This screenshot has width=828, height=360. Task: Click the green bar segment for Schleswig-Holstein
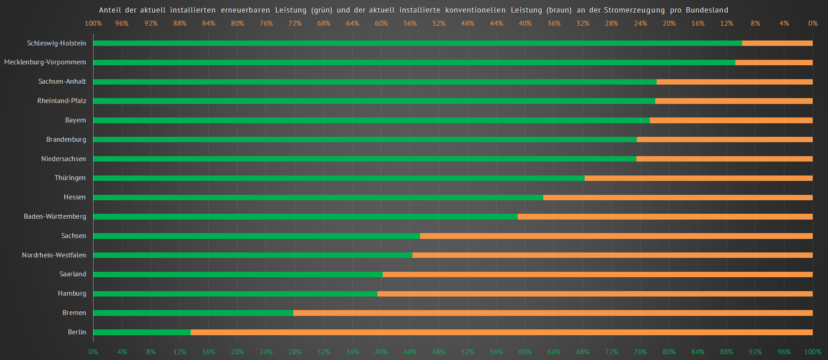(x=417, y=43)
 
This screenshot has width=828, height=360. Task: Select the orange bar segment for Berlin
(x=501, y=333)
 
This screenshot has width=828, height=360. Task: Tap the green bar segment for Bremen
(x=193, y=313)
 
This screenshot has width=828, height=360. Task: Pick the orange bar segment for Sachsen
(x=616, y=236)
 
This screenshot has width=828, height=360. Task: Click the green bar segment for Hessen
(x=318, y=198)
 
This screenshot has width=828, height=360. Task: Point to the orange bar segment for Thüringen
(x=698, y=178)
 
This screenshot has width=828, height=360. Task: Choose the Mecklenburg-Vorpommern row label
(x=45, y=62)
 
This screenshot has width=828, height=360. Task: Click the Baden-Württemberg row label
(x=55, y=216)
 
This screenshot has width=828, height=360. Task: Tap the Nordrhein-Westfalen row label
(x=54, y=255)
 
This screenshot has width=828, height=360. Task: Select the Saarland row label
(x=73, y=274)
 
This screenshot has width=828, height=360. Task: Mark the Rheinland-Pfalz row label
(x=62, y=101)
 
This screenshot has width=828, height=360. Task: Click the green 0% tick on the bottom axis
(x=93, y=352)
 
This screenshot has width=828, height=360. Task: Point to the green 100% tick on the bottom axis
(x=812, y=352)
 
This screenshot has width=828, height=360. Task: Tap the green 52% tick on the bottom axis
(x=467, y=352)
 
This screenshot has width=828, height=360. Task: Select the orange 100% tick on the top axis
(x=93, y=23)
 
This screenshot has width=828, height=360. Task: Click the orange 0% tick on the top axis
(x=813, y=23)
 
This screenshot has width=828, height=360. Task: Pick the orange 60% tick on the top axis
(x=381, y=23)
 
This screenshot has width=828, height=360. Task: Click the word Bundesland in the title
(x=707, y=10)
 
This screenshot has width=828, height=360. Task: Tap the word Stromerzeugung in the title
(x=634, y=10)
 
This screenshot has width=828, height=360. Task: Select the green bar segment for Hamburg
(x=235, y=294)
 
